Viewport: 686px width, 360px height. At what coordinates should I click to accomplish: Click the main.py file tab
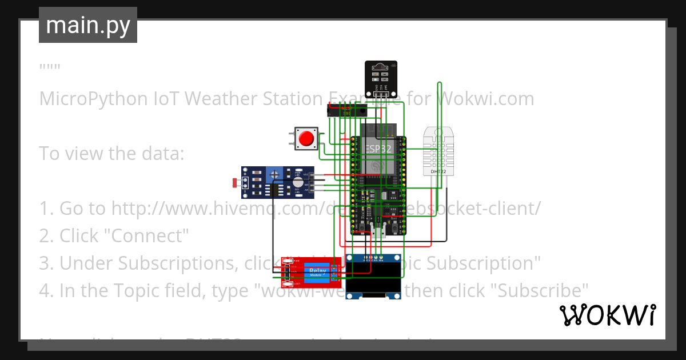(87, 25)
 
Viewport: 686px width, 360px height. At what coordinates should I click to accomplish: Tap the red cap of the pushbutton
(307, 138)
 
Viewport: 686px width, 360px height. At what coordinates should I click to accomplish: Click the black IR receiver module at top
(381, 78)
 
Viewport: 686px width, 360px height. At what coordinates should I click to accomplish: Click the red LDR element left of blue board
(235, 183)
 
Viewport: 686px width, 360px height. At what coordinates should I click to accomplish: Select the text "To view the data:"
(111, 153)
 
